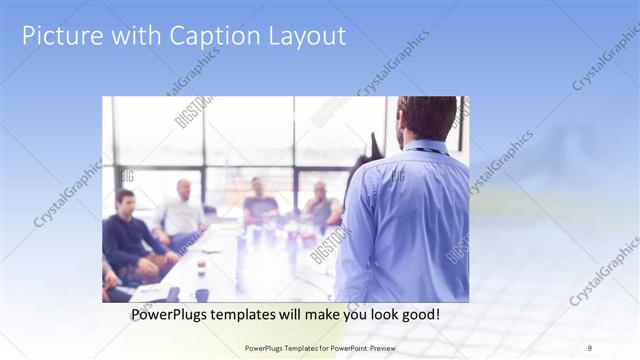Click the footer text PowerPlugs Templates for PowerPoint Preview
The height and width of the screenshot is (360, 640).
[x=328, y=348]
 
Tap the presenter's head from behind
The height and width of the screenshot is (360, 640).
[x=426, y=118]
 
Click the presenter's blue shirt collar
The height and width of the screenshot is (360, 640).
[x=425, y=147]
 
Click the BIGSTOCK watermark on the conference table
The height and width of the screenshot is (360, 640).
[x=330, y=246]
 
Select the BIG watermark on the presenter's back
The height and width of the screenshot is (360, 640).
[x=398, y=176]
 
